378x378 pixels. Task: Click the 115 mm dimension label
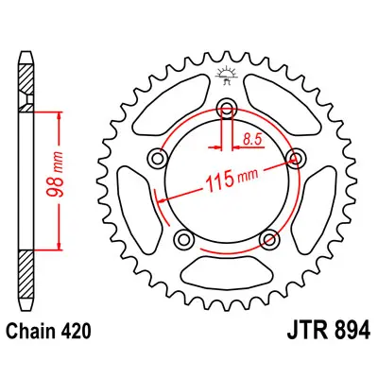(x=232, y=180)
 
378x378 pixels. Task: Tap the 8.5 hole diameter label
(x=252, y=140)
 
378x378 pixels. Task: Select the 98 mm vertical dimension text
(x=56, y=174)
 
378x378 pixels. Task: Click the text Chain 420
(x=49, y=331)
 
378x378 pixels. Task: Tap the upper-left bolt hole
(x=157, y=159)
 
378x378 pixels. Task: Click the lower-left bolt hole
(x=183, y=240)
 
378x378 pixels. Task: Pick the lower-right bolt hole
(x=269, y=240)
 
